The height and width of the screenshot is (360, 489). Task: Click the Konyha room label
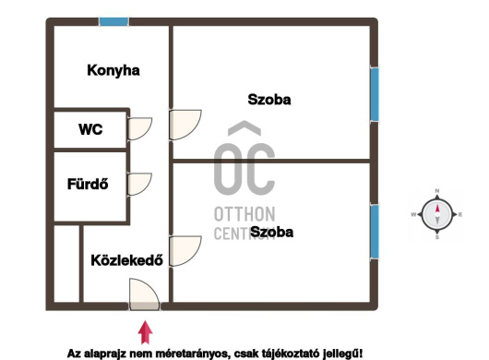coord(113,70)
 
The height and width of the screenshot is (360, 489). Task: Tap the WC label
coord(90,129)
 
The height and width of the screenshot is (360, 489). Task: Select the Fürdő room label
coord(88,184)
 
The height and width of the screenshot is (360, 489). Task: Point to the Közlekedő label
coord(126,260)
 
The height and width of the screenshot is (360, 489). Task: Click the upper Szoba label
coord(269,100)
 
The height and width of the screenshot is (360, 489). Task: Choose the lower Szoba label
coord(271,232)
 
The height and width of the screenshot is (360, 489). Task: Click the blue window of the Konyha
coord(113,21)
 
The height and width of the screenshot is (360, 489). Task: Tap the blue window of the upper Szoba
coord(375,94)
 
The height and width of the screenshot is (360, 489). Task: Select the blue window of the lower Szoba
coord(375,232)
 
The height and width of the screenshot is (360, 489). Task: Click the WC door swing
coord(139,128)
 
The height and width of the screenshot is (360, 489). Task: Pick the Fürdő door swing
coord(139,184)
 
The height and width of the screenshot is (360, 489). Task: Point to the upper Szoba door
coord(185,125)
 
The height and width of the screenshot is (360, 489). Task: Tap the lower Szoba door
coord(185,251)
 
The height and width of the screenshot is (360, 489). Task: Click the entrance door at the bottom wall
coord(144,294)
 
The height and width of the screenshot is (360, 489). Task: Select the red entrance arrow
coord(146,332)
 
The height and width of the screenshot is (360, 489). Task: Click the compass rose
coord(437,214)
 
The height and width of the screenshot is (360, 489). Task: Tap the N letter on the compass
coord(437,190)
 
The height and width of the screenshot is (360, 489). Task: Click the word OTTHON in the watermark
coord(244,214)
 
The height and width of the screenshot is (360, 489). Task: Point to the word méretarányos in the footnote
coord(190,354)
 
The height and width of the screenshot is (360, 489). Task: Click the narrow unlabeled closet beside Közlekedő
coord(66,264)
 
